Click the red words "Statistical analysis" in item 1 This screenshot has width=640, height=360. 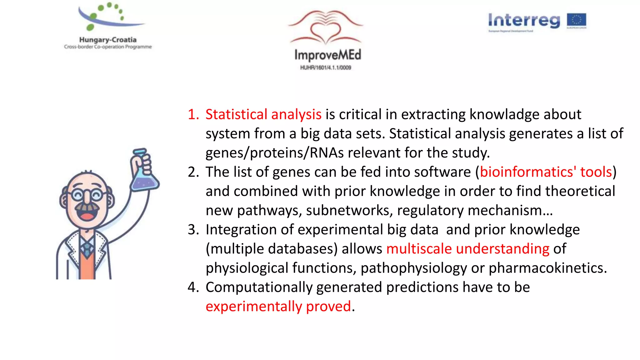(263, 114)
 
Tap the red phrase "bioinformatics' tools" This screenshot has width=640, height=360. (546, 172)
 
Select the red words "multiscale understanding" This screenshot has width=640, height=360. (467, 249)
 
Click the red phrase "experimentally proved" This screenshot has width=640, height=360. (278, 306)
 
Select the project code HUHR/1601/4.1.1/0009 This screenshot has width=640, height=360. (326, 67)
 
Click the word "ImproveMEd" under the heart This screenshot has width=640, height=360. (327, 55)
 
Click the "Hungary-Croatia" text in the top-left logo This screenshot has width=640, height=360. (108, 40)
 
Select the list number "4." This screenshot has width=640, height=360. (193, 287)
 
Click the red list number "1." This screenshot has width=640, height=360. (193, 114)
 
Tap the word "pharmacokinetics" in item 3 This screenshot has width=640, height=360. (547, 268)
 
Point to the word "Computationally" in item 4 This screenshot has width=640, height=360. (259, 287)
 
